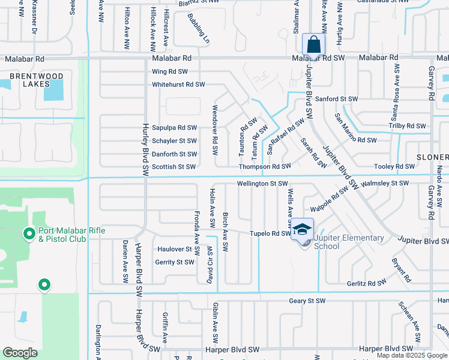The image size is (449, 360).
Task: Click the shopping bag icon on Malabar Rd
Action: (313, 44)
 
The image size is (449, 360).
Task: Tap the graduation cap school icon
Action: (302, 229)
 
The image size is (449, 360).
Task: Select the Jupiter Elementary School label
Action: (348, 242)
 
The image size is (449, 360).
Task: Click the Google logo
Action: (20, 353)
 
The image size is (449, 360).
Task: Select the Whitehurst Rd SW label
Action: (178, 85)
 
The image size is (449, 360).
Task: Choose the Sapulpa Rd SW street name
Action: (174, 128)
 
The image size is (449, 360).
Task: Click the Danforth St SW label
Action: (174, 154)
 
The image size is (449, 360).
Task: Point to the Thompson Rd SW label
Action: (265, 166)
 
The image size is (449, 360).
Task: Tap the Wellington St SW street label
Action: (263, 184)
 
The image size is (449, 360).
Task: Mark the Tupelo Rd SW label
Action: (270, 233)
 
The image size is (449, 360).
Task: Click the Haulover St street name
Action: (174, 249)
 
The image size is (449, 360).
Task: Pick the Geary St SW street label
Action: (307, 301)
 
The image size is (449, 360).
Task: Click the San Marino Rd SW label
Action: (355, 140)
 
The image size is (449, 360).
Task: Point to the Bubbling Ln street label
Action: (199, 29)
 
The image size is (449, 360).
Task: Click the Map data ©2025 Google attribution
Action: (411, 355)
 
